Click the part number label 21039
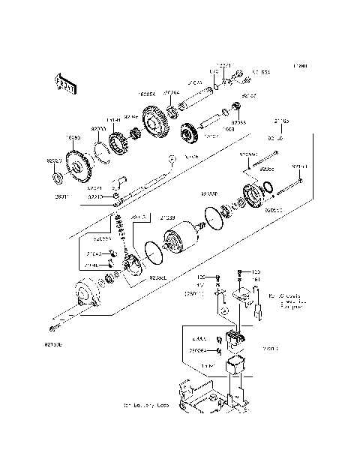(x=168, y=217)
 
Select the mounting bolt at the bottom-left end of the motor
(x=53, y=328)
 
